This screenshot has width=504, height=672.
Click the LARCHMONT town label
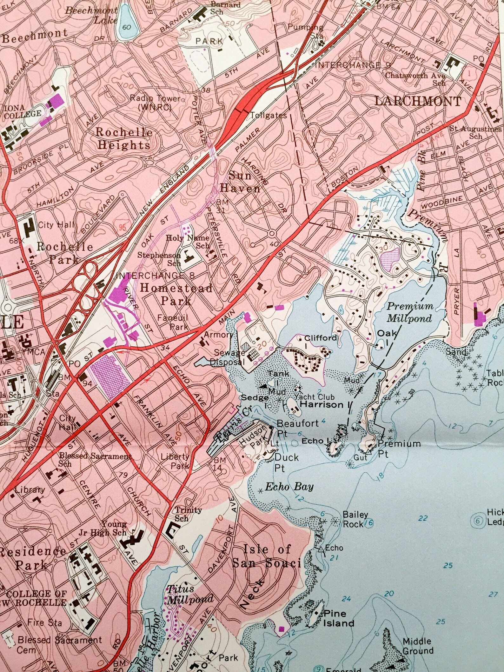click(x=418, y=102)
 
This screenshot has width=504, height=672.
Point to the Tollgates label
click(x=269, y=116)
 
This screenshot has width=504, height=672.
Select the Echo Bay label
click(x=289, y=487)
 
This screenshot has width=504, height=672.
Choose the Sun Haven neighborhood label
click(x=240, y=182)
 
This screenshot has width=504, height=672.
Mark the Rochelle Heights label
click(x=124, y=138)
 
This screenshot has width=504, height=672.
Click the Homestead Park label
click(x=176, y=294)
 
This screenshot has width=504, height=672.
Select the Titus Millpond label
click(x=190, y=594)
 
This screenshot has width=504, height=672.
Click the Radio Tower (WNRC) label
click(x=155, y=103)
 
